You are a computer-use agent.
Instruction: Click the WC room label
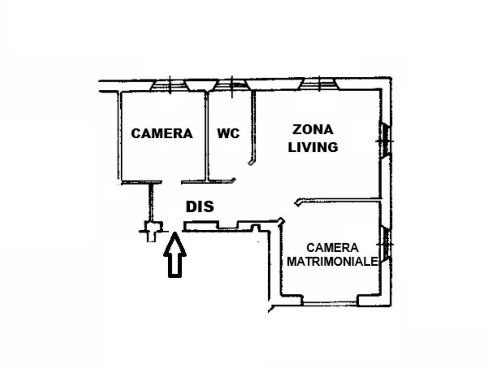(228, 134)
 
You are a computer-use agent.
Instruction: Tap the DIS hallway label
(200, 206)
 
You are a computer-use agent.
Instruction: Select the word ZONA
(312, 130)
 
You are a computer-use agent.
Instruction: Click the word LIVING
(313, 147)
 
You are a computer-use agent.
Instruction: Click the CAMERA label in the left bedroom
(161, 134)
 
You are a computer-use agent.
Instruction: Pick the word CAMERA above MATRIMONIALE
(332, 247)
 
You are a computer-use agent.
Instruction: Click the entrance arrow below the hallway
(175, 255)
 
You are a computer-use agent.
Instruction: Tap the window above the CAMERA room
(170, 86)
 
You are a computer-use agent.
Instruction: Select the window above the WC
(232, 85)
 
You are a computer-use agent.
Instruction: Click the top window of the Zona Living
(319, 84)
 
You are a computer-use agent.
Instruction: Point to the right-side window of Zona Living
(385, 141)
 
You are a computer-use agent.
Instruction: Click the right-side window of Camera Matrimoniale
(385, 244)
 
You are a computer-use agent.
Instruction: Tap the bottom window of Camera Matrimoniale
(330, 304)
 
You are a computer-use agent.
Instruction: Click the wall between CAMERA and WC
(206, 136)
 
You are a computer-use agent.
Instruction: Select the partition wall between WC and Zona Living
(253, 127)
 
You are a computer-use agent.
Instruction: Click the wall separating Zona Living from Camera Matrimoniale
(338, 200)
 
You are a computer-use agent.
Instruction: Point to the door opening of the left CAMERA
(172, 182)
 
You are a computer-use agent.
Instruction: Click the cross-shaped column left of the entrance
(151, 232)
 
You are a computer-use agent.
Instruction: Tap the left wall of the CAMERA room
(120, 135)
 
